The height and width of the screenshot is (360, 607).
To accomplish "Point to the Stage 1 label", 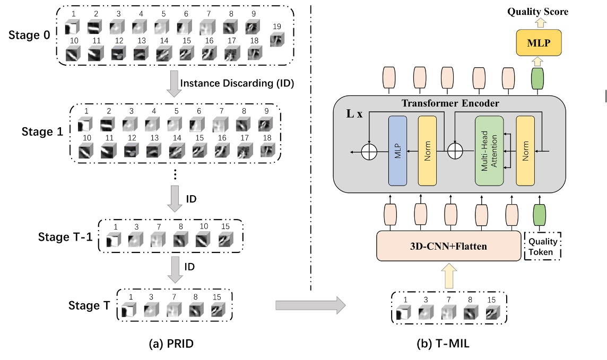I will click(x=42, y=131).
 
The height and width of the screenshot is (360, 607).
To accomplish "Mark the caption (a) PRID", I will click(x=170, y=343).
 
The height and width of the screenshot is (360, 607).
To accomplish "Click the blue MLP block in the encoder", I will click(x=397, y=151).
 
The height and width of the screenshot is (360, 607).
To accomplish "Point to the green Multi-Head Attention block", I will click(x=489, y=151).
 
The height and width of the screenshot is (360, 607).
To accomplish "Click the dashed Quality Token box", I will click(x=542, y=247).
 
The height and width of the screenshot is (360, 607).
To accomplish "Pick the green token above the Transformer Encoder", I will click(x=537, y=78).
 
